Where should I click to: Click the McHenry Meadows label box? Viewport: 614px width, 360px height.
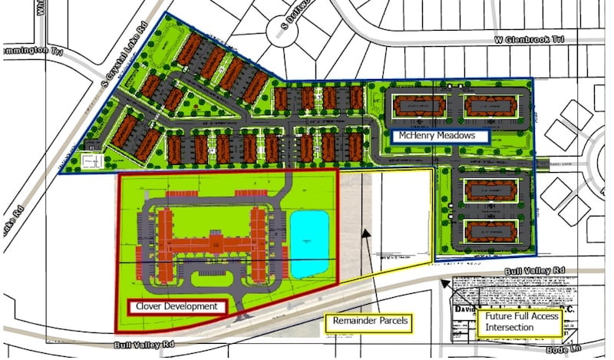coord(441,136)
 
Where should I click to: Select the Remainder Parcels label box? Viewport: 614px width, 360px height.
coord(369,320)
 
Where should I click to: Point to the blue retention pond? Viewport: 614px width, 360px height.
coord(310,244)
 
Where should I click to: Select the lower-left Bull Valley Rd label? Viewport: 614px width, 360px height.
coord(139,347)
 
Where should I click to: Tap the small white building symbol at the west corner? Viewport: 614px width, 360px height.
coord(91,162)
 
